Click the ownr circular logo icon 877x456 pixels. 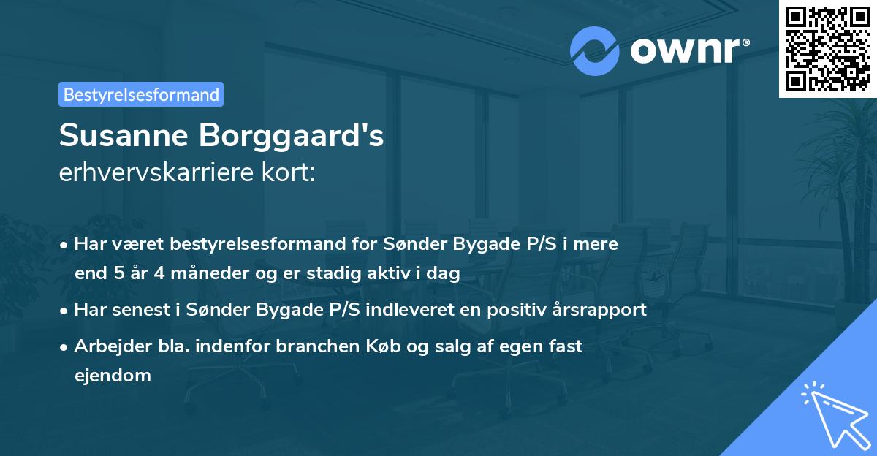[595, 50]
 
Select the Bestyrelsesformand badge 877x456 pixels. [141, 94]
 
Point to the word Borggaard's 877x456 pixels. [300, 136]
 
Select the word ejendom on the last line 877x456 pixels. [113, 376]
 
